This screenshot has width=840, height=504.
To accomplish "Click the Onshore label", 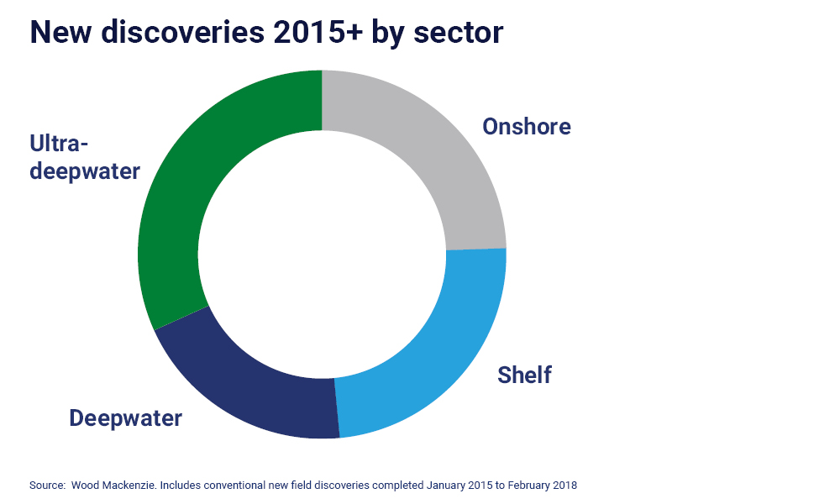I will [x=526, y=127].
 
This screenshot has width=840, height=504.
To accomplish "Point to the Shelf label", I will [x=524, y=375].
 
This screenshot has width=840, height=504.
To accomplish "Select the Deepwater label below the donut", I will [x=125, y=418].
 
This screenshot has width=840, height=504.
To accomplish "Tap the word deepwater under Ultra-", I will [x=84, y=171].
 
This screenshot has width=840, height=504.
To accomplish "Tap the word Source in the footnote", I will [x=47, y=486].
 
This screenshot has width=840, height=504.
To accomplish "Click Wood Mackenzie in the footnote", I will [x=114, y=486].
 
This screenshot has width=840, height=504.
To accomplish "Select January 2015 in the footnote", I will [x=459, y=486].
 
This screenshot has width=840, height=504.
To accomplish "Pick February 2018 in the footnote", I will [x=543, y=486].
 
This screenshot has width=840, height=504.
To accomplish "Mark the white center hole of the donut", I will [x=322, y=254].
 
